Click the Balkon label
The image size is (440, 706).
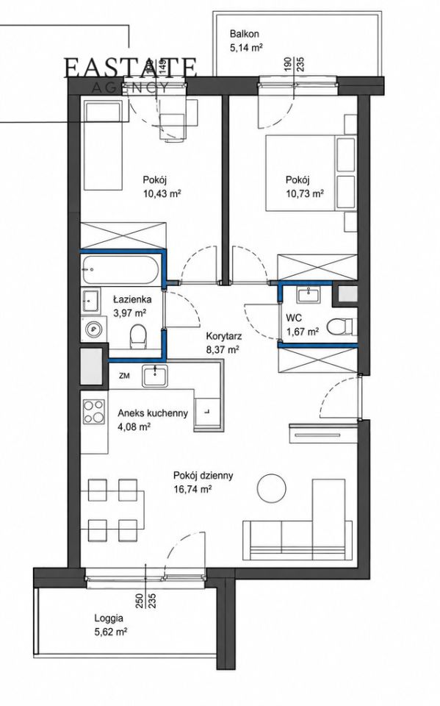coord(245,34)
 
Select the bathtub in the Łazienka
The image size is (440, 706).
coord(120,270)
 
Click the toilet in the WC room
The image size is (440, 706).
coord(342,327)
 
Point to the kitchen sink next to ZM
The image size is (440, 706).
coord(155,376)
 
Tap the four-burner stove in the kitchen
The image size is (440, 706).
coord(93,412)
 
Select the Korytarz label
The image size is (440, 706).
coord(224,336)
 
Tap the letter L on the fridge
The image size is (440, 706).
coord(206,412)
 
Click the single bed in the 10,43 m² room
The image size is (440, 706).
coord(104,146)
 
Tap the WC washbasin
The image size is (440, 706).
coord(309,295)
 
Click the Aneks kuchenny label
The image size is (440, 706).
coord(153,413)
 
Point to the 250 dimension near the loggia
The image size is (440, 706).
coord(140,601)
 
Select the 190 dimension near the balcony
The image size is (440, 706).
coord(286,65)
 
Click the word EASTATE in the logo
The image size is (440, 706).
coord(130,68)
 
